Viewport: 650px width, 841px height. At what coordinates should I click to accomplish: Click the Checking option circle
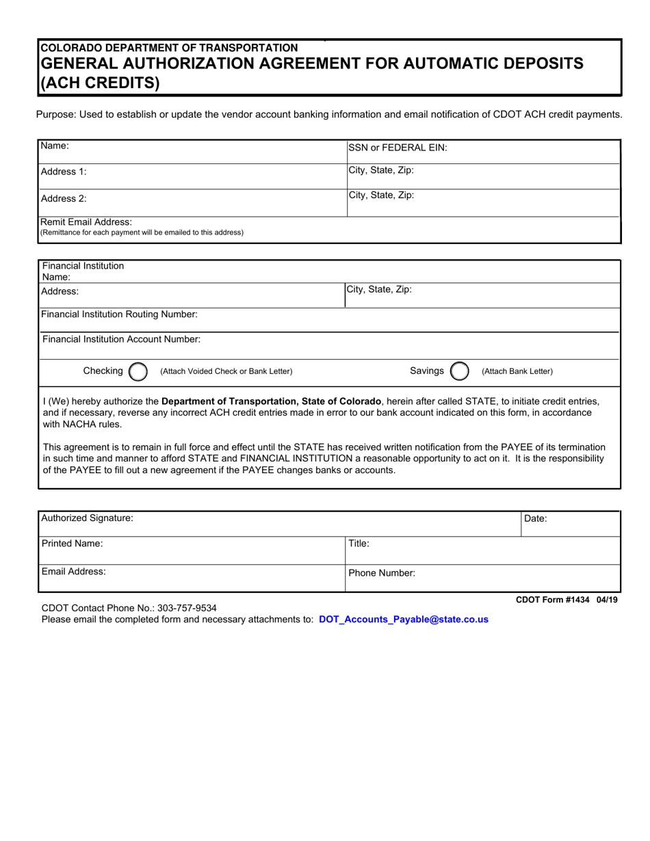(138, 371)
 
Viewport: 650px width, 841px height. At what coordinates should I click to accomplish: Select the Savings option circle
(459, 371)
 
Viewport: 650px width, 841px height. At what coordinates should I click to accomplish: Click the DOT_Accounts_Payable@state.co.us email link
(403, 619)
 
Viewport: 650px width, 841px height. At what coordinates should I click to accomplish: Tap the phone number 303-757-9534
(187, 607)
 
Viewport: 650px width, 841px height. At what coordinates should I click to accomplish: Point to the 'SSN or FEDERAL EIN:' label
(398, 147)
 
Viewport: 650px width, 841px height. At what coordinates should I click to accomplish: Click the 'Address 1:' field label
(64, 172)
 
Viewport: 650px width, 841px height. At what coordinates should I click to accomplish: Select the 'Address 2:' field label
(64, 198)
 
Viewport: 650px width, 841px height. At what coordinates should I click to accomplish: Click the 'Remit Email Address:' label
(86, 222)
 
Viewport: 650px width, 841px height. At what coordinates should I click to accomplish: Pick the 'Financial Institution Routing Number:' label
(120, 314)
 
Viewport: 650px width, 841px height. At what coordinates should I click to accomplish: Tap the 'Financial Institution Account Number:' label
(121, 339)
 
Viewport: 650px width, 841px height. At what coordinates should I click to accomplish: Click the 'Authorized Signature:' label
(88, 518)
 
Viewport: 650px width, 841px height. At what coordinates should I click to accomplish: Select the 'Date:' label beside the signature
(535, 518)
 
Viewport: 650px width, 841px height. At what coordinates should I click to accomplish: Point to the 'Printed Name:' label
(73, 544)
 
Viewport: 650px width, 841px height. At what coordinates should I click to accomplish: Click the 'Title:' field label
(359, 544)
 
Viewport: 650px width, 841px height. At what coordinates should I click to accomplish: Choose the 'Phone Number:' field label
(382, 574)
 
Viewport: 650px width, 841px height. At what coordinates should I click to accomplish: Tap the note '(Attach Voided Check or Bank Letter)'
(226, 371)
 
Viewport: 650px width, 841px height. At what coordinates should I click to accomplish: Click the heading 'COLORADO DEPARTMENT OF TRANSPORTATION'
(169, 48)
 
